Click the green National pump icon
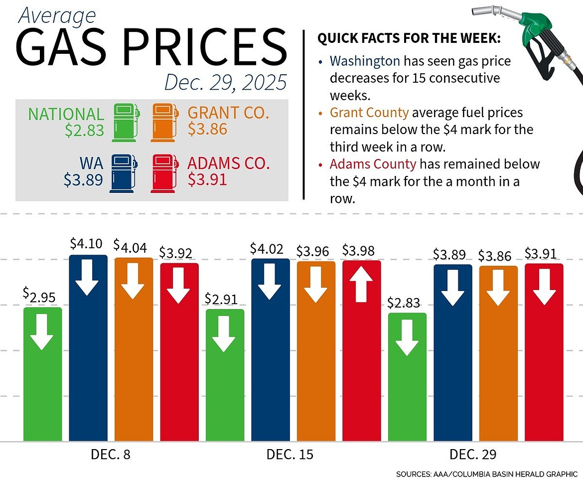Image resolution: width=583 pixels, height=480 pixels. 126,122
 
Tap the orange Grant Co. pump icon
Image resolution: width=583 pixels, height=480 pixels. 164,122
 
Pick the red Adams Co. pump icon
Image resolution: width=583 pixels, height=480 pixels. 164,173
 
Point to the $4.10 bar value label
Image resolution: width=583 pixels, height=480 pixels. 86,244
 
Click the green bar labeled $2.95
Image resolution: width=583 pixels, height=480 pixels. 43,374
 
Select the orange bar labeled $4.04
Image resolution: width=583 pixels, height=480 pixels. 134,349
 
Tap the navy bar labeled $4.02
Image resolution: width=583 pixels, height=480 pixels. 270,349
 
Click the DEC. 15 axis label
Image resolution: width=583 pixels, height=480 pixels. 291,454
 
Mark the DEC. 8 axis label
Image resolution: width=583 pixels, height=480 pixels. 111,454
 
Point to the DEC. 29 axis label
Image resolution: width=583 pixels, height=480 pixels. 473,454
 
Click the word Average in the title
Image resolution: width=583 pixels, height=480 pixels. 56,16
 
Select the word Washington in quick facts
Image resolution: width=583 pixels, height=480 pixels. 365,61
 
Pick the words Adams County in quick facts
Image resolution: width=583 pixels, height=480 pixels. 373,163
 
